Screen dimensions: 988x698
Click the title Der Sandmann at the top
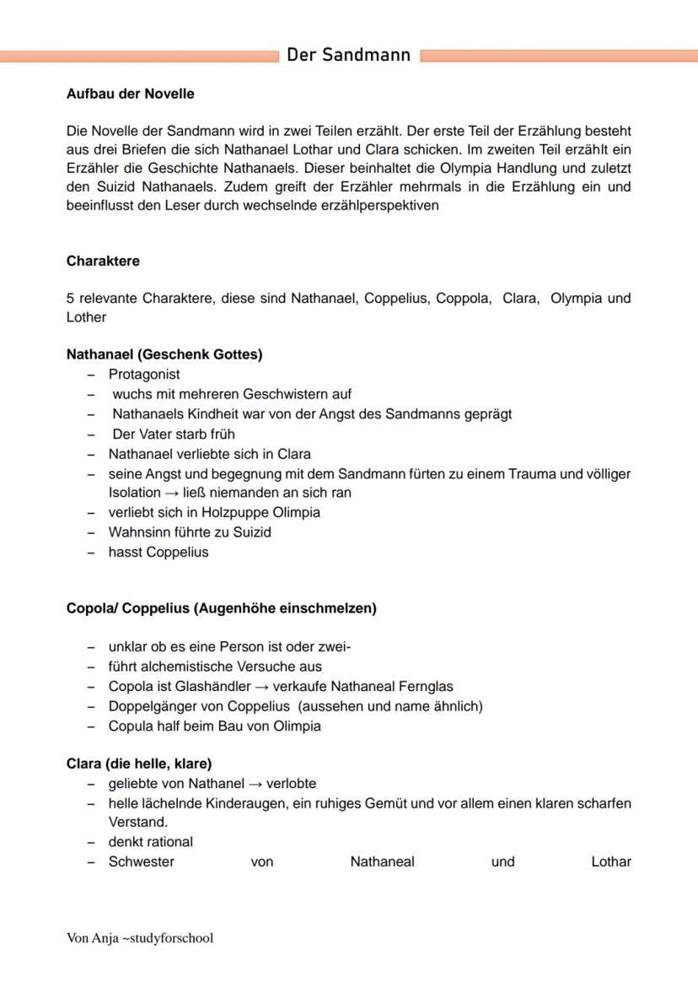pyautogui.click(x=348, y=56)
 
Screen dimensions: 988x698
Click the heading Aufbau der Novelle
pyautogui.click(x=130, y=94)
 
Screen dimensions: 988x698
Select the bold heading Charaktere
pyautogui.click(x=103, y=261)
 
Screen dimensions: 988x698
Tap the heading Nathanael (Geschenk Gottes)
pyautogui.click(x=164, y=354)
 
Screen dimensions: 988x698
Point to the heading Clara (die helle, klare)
pyautogui.click(x=139, y=764)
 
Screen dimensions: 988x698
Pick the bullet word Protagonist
pyautogui.click(x=144, y=374)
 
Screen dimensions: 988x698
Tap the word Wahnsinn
pyautogui.click(x=138, y=532)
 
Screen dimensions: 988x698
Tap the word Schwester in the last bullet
pyautogui.click(x=141, y=861)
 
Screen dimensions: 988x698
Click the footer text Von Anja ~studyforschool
pyautogui.click(x=140, y=937)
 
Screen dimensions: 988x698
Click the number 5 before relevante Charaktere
pyautogui.click(x=70, y=298)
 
